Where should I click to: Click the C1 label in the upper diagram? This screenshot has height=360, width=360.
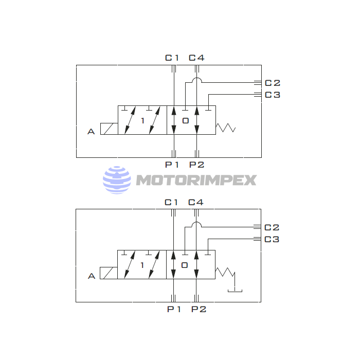[172, 58]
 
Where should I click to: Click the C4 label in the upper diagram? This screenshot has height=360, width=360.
[196, 58]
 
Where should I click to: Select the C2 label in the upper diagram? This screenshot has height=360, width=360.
[273, 83]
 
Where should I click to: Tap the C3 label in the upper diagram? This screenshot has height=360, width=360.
[273, 95]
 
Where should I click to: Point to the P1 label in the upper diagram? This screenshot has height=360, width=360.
[172, 165]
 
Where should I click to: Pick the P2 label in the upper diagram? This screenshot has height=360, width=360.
[196, 165]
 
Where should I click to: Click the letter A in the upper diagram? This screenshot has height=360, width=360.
[91, 132]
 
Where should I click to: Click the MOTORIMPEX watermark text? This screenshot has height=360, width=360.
[196, 180]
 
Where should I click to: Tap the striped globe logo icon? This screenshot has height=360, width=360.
[117, 179]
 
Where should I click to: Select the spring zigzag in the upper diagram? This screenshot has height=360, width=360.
[225, 128]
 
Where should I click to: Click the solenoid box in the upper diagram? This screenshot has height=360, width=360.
[109, 129]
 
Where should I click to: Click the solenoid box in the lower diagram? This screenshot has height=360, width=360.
[109, 273]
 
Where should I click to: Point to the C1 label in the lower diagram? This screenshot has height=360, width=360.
[171, 202]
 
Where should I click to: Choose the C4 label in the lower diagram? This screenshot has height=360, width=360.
[196, 202]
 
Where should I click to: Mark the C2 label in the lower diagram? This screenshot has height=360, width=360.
[272, 227]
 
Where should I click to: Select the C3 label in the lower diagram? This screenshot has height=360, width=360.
[272, 239]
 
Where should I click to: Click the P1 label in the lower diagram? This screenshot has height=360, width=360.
[174, 309]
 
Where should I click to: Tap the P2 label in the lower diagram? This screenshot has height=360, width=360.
[199, 309]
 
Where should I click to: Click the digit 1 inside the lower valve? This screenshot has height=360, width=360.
[142, 265]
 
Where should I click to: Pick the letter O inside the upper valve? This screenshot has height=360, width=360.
[186, 121]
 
